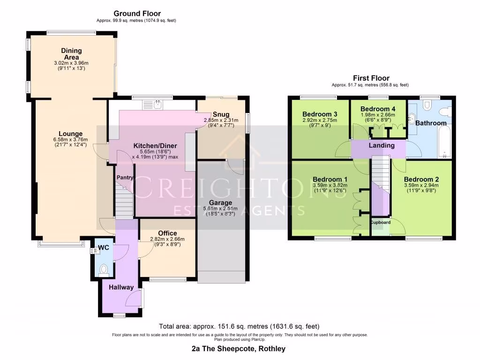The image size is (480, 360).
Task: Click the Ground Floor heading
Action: (137, 14)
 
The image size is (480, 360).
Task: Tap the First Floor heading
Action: (371, 78)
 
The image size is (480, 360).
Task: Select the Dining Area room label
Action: (71, 53)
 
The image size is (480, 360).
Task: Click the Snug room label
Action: (220, 114)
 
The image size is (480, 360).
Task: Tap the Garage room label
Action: (220, 202)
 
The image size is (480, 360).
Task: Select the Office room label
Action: (167, 233)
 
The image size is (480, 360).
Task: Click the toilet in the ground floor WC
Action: (104, 269)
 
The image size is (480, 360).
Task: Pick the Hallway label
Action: (121, 287)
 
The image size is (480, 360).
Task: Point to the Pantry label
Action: (125, 178)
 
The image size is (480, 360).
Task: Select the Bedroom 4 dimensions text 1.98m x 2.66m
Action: (378, 115)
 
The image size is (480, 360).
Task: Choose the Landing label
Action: (381, 145)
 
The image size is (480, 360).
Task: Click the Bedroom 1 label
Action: (330, 179)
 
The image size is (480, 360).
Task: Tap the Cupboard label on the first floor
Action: (381, 222)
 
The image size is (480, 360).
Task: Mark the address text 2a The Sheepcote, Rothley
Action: (239, 349)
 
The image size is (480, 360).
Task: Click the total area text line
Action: (240, 326)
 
